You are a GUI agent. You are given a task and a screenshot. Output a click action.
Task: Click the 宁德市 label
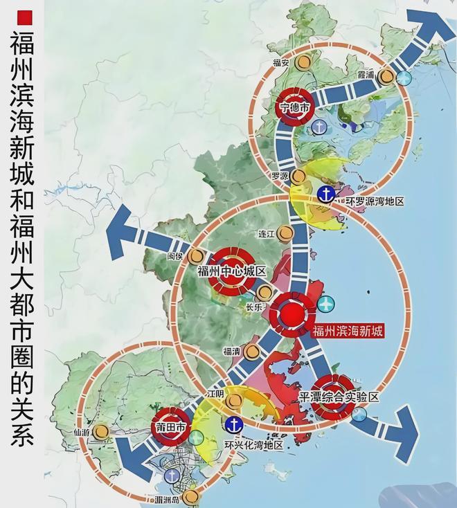coord(296,107)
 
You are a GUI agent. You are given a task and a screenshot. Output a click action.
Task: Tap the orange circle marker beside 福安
coord(302,62)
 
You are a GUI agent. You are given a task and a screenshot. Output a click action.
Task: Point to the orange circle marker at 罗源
coord(298,176)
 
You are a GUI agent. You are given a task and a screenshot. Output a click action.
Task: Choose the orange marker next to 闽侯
coord(200,256)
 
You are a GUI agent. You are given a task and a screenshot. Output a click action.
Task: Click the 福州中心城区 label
coord(231,271)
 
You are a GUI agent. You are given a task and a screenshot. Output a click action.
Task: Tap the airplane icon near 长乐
coord(325,304)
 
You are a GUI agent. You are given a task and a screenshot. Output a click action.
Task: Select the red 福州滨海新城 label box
coord(348,332)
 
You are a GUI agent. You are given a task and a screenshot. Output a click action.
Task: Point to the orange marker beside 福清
coord(252,352)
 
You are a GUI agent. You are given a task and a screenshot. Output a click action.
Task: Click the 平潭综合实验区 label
coord(339,399)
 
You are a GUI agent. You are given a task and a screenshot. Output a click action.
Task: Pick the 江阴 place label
coord(217,393)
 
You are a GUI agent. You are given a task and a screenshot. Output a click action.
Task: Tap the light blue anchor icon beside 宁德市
coord(319,127)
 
